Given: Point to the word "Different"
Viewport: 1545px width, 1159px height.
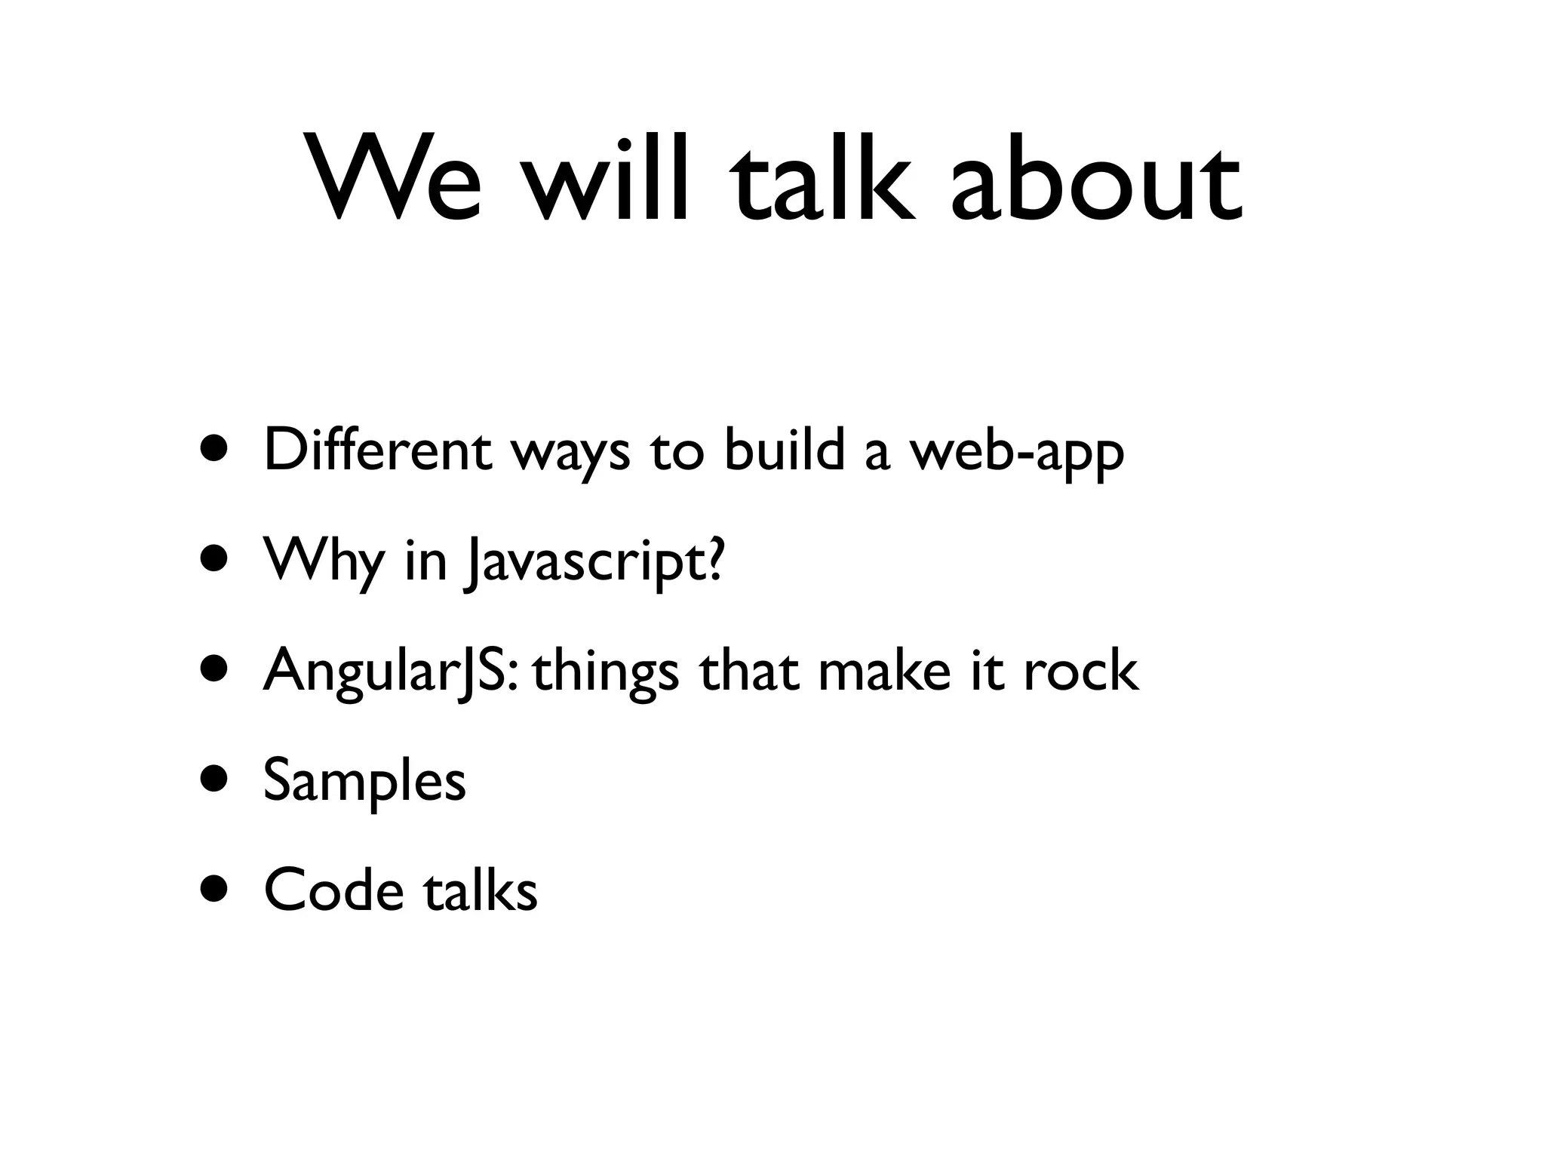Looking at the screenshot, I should pyautogui.click(x=378, y=450).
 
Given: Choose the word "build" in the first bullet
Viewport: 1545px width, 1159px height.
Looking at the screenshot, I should pyautogui.click(x=784, y=450).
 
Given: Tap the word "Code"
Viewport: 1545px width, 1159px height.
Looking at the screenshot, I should pyautogui.click(x=333, y=890).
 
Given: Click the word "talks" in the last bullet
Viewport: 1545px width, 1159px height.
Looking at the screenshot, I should pyautogui.click(x=481, y=890).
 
